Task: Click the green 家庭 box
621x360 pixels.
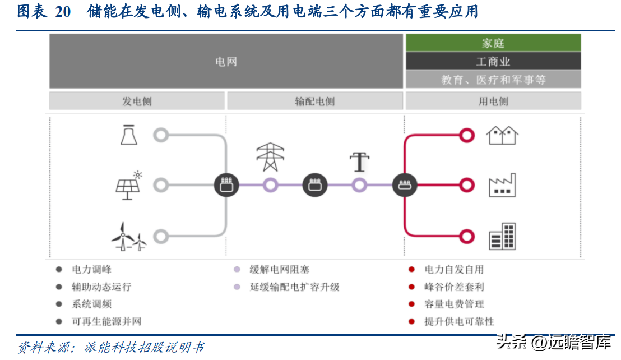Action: coord(493,43)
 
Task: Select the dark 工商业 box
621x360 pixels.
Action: coord(493,61)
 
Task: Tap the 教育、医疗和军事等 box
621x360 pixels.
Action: coord(493,80)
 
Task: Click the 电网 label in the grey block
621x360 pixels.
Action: coord(226,62)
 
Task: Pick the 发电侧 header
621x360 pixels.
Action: coord(137,101)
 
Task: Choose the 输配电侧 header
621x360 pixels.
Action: coord(314,101)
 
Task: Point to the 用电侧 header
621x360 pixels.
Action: coord(493,101)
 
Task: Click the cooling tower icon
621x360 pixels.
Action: coord(129,135)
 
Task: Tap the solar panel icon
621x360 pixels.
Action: coord(129,185)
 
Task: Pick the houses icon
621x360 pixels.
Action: coord(502,135)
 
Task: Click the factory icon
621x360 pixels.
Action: coord(502,185)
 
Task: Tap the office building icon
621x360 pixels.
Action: coord(502,236)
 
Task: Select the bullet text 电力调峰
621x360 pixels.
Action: coord(92,270)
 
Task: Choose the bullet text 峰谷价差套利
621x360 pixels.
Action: coord(454,287)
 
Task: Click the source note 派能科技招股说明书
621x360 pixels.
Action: coord(145,347)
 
